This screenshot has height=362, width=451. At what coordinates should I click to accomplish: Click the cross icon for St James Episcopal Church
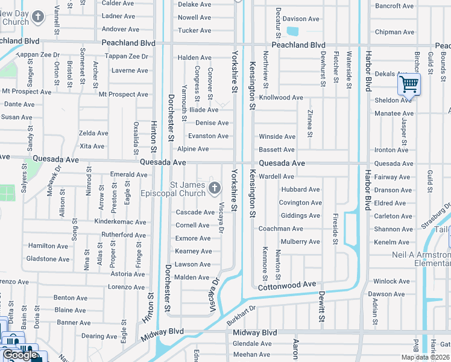pyautogui.click(x=214, y=189)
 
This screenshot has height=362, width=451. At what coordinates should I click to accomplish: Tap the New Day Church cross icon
pyautogui.click(x=38, y=16)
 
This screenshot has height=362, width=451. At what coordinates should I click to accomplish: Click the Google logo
pyautogui.click(x=19, y=355)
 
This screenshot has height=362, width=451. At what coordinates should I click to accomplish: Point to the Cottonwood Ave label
pyautogui.click(x=287, y=285)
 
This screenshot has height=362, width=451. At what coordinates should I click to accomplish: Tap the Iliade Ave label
pyautogui.click(x=203, y=110)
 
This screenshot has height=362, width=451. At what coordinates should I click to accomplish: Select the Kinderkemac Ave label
pyautogui.click(x=121, y=222)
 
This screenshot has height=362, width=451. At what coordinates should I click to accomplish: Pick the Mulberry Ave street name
pyautogui.click(x=300, y=242)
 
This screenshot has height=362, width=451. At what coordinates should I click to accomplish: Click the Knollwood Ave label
pyautogui.click(x=281, y=97)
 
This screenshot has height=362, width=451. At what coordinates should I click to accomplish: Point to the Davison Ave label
pyautogui.click(x=301, y=19)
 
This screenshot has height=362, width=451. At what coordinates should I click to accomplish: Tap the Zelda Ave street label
pyautogui.click(x=93, y=133)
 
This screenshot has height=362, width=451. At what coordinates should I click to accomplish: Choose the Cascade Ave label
pyautogui.click(x=195, y=212)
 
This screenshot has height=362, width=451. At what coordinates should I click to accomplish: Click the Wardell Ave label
pyautogui.click(x=276, y=177)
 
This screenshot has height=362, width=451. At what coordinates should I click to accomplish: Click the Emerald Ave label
pyautogui.click(x=128, y=175)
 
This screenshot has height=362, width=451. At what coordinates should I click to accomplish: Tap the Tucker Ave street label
pyautogui.click(x=195, y=30)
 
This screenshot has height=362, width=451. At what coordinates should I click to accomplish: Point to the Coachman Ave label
pyautogui.click(x=280, y=229)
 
